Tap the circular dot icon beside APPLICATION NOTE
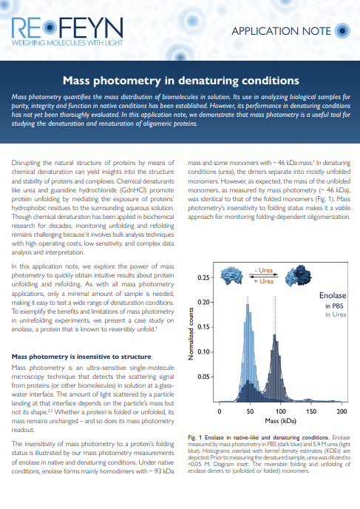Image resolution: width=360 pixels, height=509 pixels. (342, 31)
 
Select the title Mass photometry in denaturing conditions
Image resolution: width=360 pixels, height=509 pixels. (180, 80)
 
